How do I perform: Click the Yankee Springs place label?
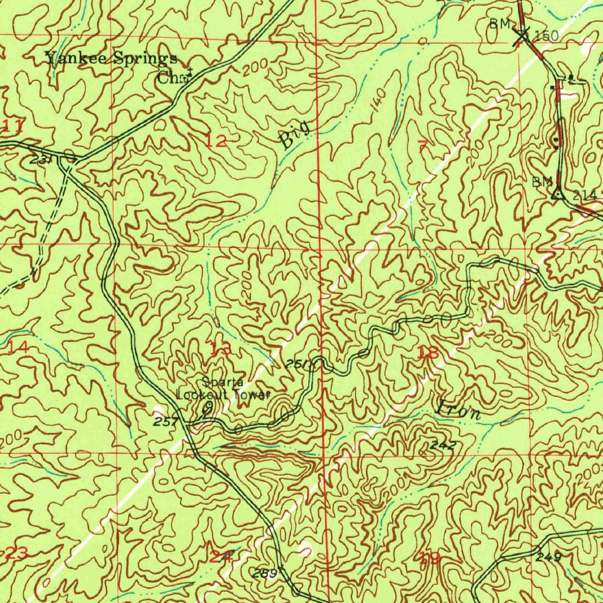(x=112, y=59)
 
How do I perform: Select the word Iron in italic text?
(x=459, y=410)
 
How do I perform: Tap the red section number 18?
(x=428, y=353)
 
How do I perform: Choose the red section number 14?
(x=18, y=347)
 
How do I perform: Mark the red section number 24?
(x=220, y=555)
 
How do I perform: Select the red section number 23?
(x=16, y=553)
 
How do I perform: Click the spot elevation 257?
(x=165, y=421)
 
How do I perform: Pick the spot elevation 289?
(x=263, y=573)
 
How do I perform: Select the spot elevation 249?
(x=549, y=556)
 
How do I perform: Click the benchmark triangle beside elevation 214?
(x=557, y=191)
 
